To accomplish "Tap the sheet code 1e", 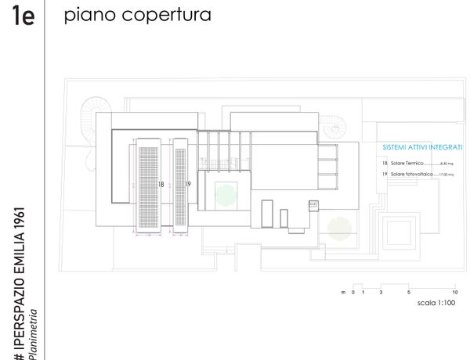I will (x=23, y=16).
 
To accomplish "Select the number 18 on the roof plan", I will (x=161, y=185).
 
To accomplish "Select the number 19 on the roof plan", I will (x=188, y=185).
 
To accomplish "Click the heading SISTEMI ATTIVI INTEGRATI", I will (x=422, y=147).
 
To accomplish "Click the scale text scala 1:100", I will (x=436, y=301).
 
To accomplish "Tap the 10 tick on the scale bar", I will (x=455, y=292).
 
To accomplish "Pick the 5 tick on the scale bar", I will (x=408, y=292).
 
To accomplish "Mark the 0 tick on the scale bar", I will (x=352, y=292).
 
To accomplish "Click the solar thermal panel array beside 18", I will (x=147, y=186).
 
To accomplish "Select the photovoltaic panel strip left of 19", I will (x=180, y=186).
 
